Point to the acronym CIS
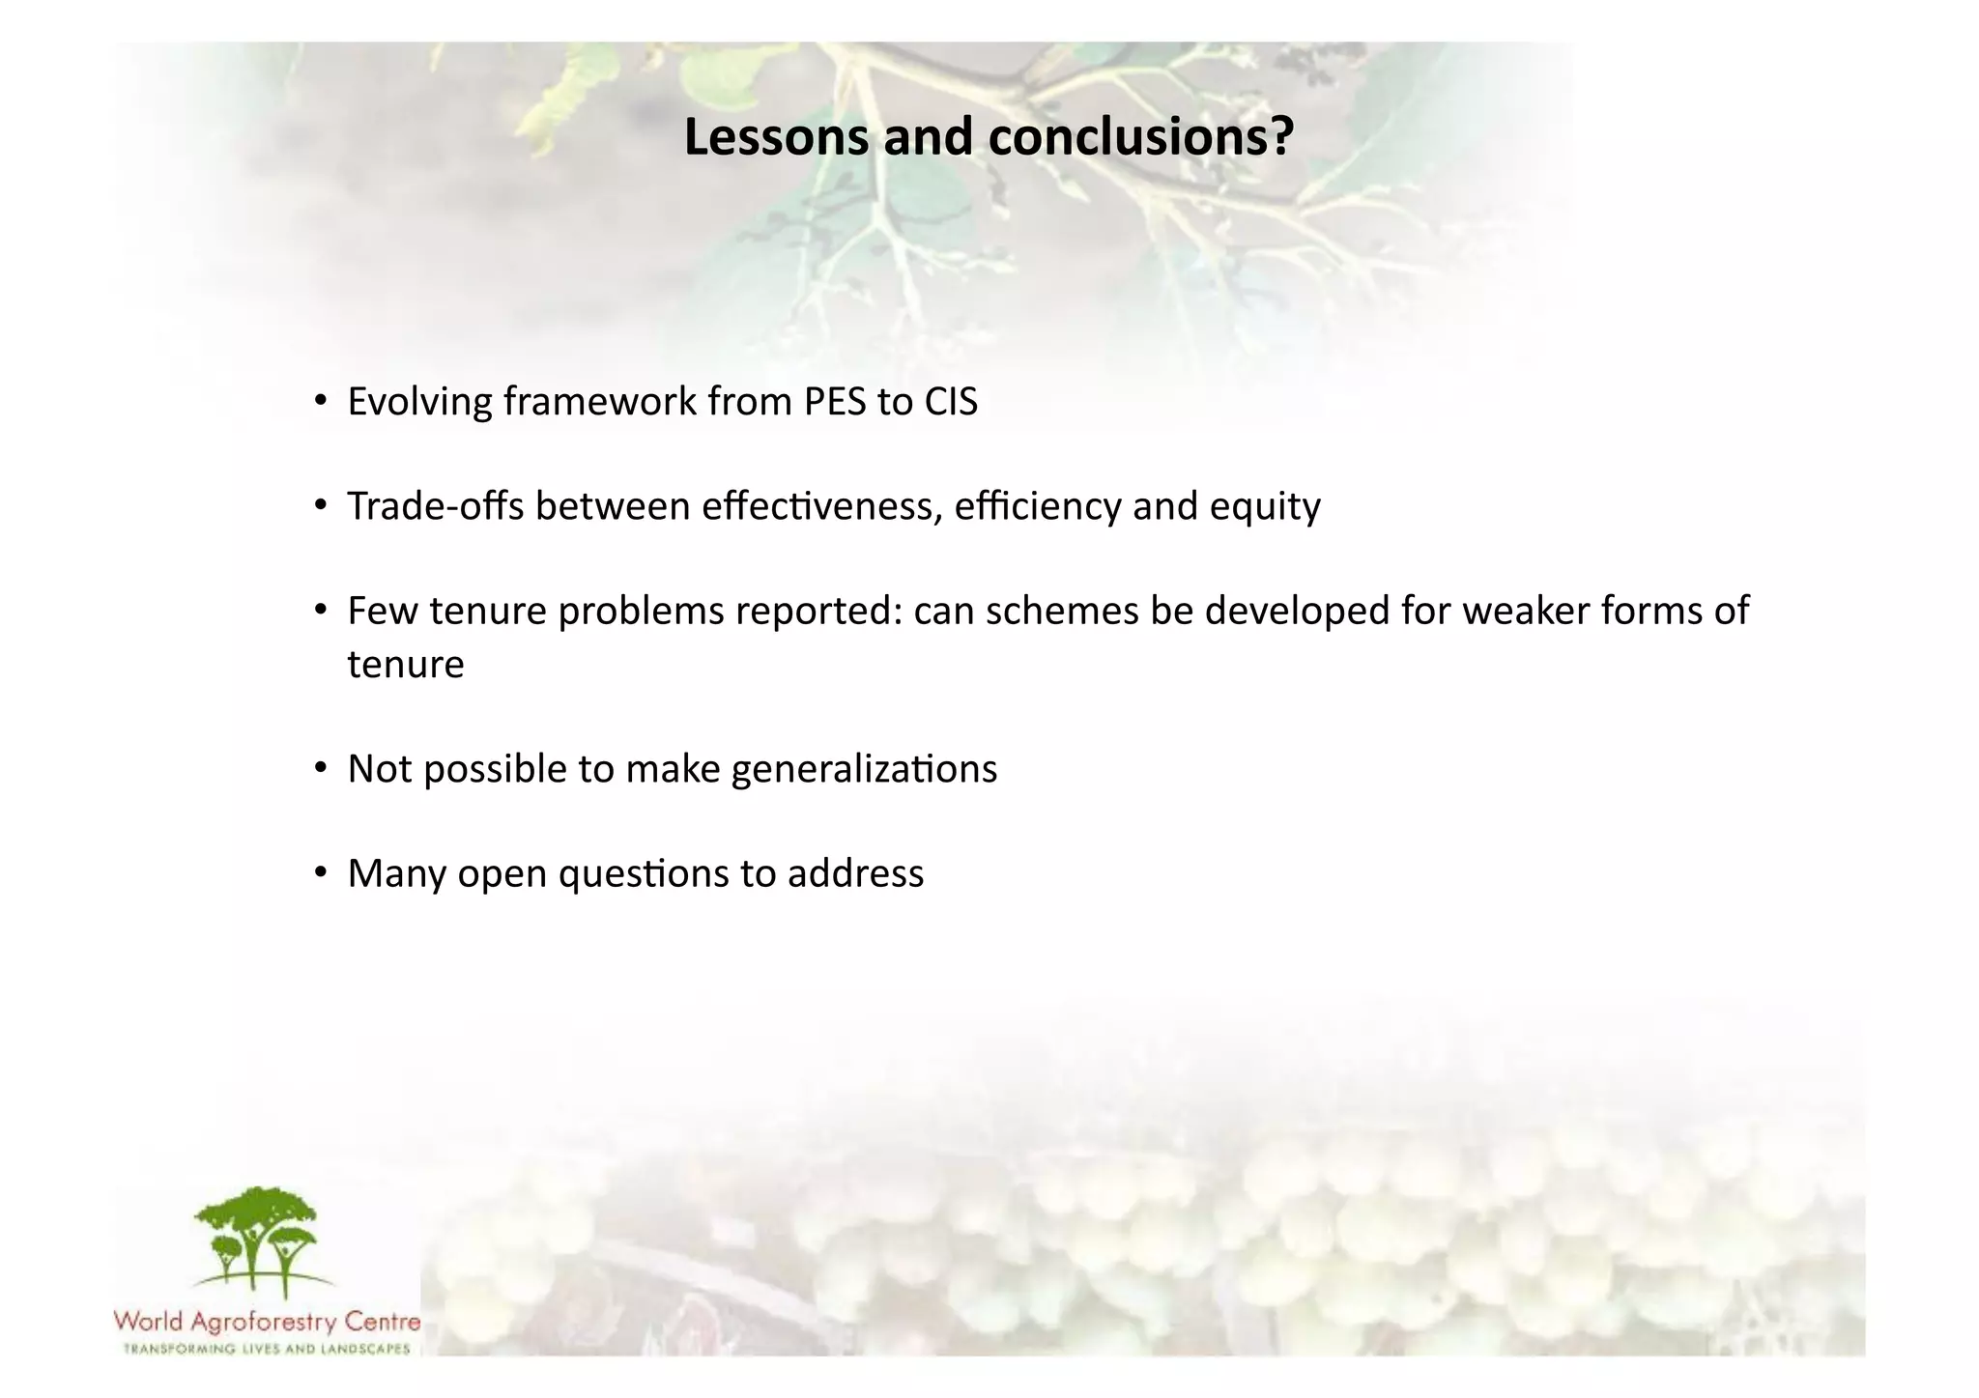[x=951, y=402]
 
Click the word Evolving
[x=419, y=402]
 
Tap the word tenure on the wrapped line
[x=406, y=665]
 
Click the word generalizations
[x=864, y=770]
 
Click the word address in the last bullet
[x=855, y=873]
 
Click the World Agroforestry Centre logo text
[x=267, y=1321]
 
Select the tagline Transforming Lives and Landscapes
[x=267, y=1349]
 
